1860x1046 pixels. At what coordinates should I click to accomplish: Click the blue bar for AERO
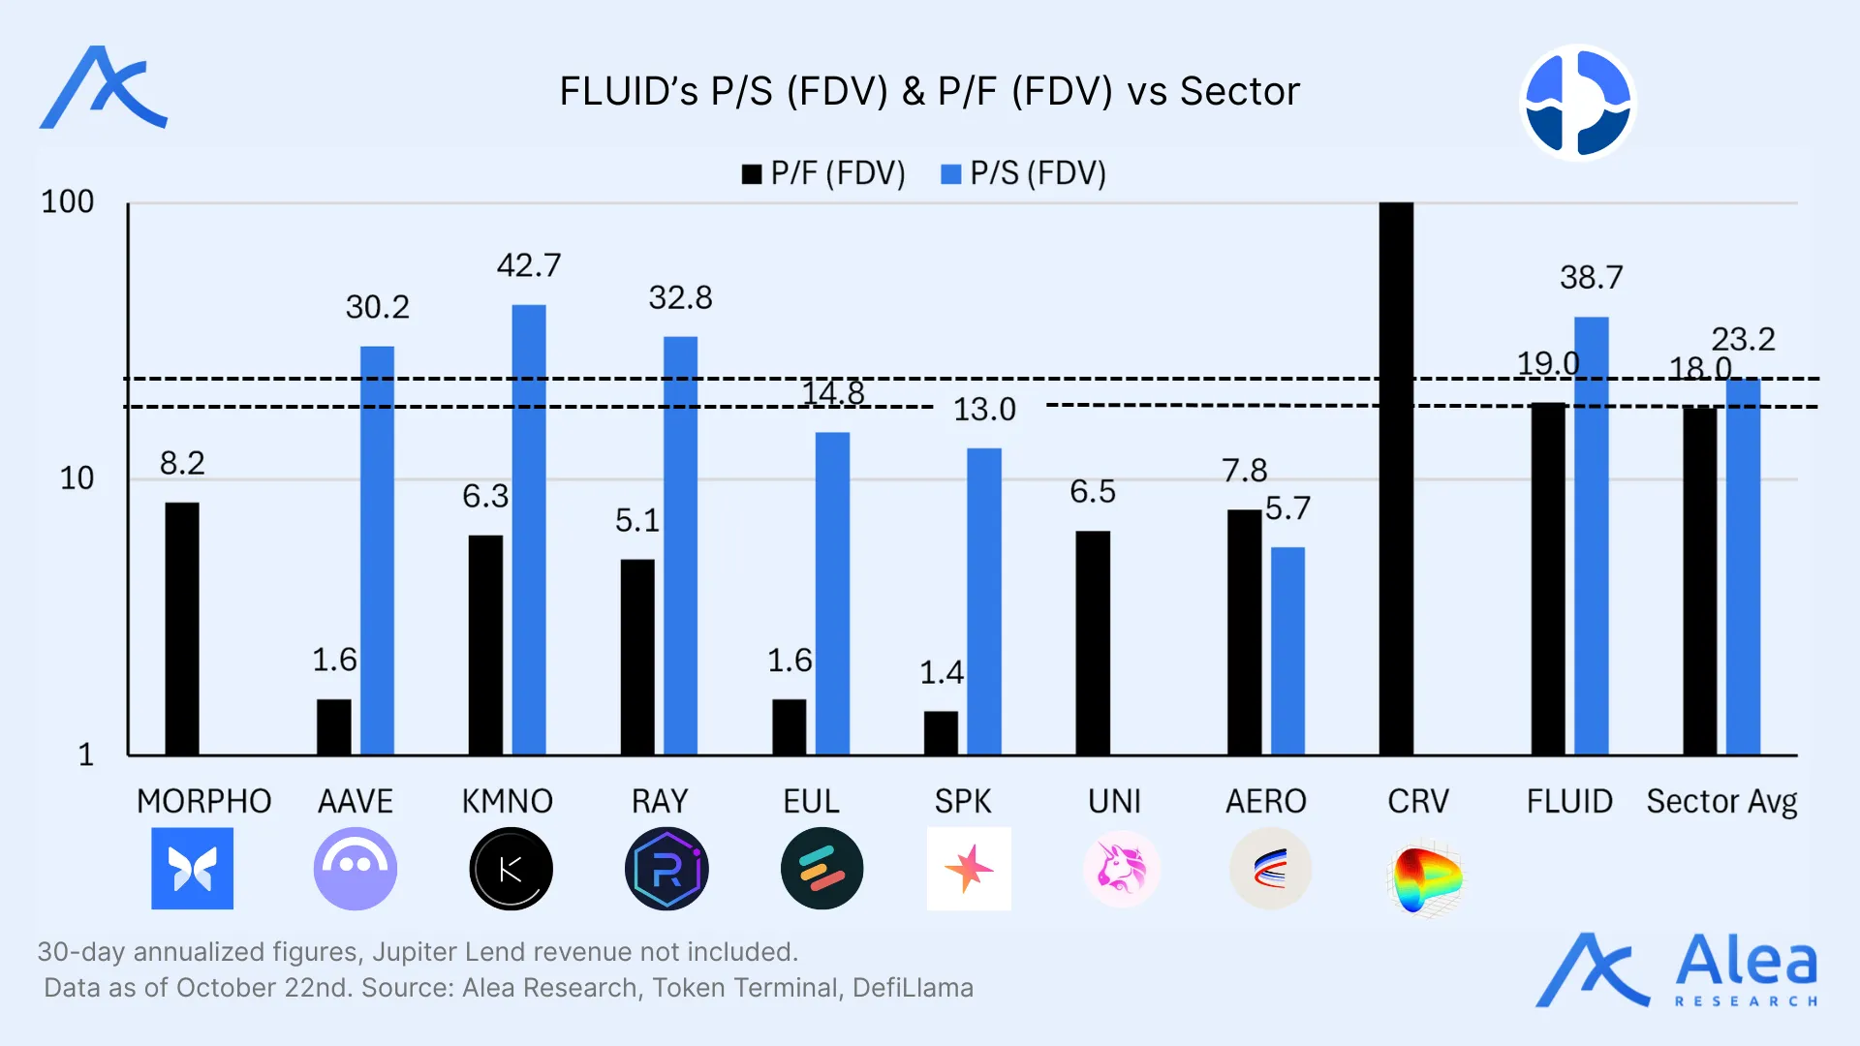click(x=1287, y=650)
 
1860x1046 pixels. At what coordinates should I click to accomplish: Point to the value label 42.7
click(x=529, y=265)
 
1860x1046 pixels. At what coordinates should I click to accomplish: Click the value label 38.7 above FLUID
click(x=1591, y=278)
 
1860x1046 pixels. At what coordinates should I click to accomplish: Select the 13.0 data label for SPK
click(x=984, y=410)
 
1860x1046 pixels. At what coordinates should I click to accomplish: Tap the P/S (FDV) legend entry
click(x=1024, y=173)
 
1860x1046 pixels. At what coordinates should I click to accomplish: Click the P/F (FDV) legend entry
click(x=824, y=173)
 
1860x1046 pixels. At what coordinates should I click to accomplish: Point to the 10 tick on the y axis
click(x=77, y=478)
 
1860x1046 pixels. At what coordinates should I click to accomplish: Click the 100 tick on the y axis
click(x=67, y=201)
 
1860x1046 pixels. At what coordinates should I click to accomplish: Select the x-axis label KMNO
click(x=507, y=802)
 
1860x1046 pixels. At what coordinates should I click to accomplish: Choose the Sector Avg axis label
click(x=1721, y=802)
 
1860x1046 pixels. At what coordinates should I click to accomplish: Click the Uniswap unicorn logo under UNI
click(x=1121, y=869)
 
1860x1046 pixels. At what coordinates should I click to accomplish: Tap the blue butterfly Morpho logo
click(x=192, y=869)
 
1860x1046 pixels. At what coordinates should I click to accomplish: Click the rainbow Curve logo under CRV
click(x=1424, y=877)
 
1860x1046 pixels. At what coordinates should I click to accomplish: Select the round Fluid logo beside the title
click(x=1577, y=102)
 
